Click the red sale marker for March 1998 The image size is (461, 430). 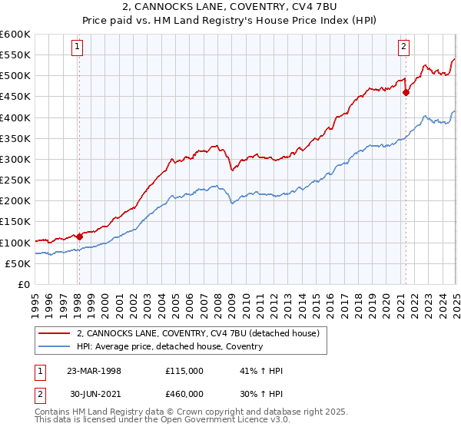coord(79,237)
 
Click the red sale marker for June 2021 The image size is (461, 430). coord(406,92)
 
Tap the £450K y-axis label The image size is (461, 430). coord(15,97)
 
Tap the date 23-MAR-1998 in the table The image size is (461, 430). coord(94,370)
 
